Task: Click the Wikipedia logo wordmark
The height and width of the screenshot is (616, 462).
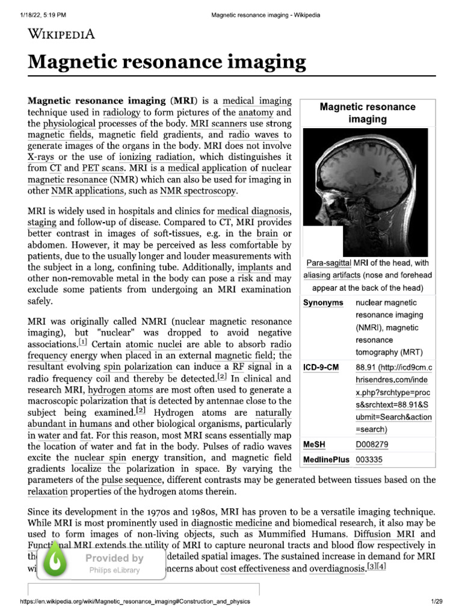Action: (61, 34)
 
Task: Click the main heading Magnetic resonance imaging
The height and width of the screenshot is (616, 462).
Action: (167, 62)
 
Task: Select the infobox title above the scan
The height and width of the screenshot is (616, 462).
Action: (368, 113)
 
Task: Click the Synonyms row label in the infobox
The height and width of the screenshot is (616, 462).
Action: (323, 302)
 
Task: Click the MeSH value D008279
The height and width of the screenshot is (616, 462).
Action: (372, 445)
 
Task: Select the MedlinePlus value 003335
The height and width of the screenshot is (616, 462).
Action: (369, 460)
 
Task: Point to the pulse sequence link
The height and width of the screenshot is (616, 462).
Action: (131, 479)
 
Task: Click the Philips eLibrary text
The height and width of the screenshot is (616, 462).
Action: (114, 570)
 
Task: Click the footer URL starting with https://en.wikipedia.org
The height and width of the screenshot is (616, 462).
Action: (135, 602)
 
